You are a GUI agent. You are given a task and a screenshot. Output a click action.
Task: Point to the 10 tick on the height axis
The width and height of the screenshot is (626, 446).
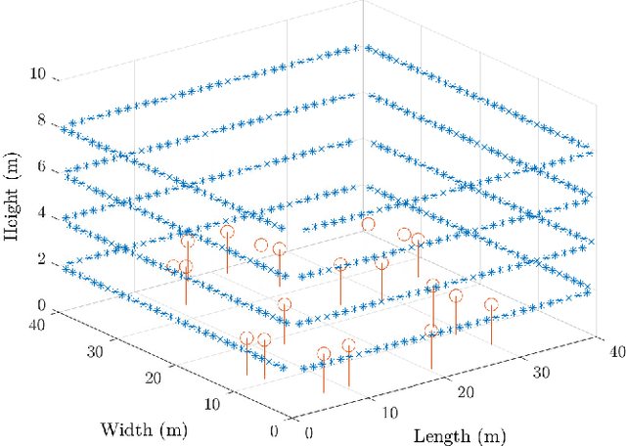point(39,74)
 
